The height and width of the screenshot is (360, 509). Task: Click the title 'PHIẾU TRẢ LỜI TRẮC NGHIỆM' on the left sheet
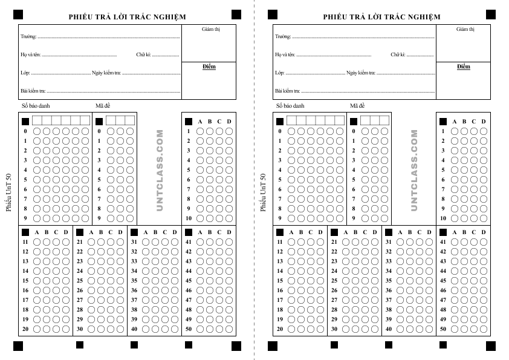tap(127, 17)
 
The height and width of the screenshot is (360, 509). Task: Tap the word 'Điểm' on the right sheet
tap(464, 67)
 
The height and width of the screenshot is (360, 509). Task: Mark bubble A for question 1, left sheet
tap(200, 131)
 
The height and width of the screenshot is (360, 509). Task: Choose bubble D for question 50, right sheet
tap(484, 329)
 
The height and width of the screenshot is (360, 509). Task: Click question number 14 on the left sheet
tap(26, 271)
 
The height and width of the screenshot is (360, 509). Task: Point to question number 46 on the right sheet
tap(443, 290)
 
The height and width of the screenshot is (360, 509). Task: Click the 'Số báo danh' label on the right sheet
tap(290, 106)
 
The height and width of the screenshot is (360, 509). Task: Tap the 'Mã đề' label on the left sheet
tap(103, 106)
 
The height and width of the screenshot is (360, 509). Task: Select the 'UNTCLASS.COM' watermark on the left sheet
tap(160, 170)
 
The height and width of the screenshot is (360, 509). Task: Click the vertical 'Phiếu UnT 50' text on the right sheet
tap(263, 192)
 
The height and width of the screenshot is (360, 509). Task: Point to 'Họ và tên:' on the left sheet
tap(30, 54)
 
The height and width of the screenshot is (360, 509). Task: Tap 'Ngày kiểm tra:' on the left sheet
tap(106, 73)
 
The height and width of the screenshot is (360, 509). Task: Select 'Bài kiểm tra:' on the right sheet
tap(287, 91)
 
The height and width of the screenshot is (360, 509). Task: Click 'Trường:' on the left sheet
tap(28, 36)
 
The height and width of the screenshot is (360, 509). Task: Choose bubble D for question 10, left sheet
tap(229, 218)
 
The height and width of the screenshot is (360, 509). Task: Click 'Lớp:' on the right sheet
tap(279, 73)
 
